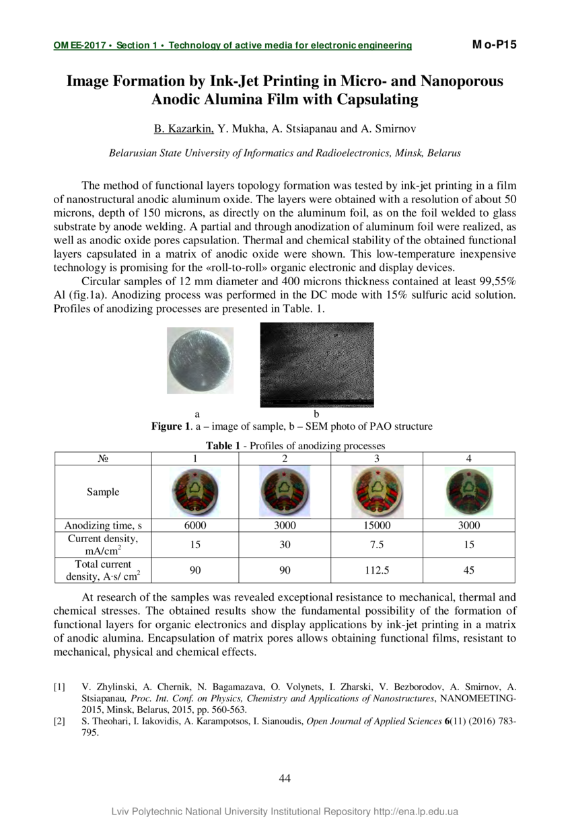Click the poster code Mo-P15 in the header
494,45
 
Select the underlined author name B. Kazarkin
184,128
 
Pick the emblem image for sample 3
376,492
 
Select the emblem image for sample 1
195,492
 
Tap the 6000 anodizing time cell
195,525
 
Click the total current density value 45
469,570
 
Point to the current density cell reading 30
285,545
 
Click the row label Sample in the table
103,492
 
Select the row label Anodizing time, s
103,525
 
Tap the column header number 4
469,459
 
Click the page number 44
285,779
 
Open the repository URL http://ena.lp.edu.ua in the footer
415,812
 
